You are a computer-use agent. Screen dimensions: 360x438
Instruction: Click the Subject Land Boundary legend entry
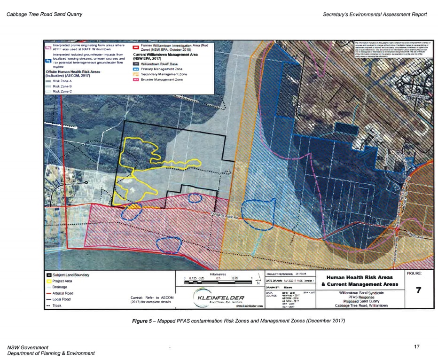(x=68, y=274)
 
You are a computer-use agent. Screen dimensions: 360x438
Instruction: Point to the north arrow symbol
(x=258, y=280)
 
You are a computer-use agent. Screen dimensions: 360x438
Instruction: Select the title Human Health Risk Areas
(x=359, y=277)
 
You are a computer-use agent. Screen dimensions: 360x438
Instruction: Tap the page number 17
(x=416, y=346)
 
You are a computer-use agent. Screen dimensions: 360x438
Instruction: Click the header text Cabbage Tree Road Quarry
(x=45, y=15)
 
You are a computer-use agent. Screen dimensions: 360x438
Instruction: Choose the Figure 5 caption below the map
(x=239, y=321)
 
